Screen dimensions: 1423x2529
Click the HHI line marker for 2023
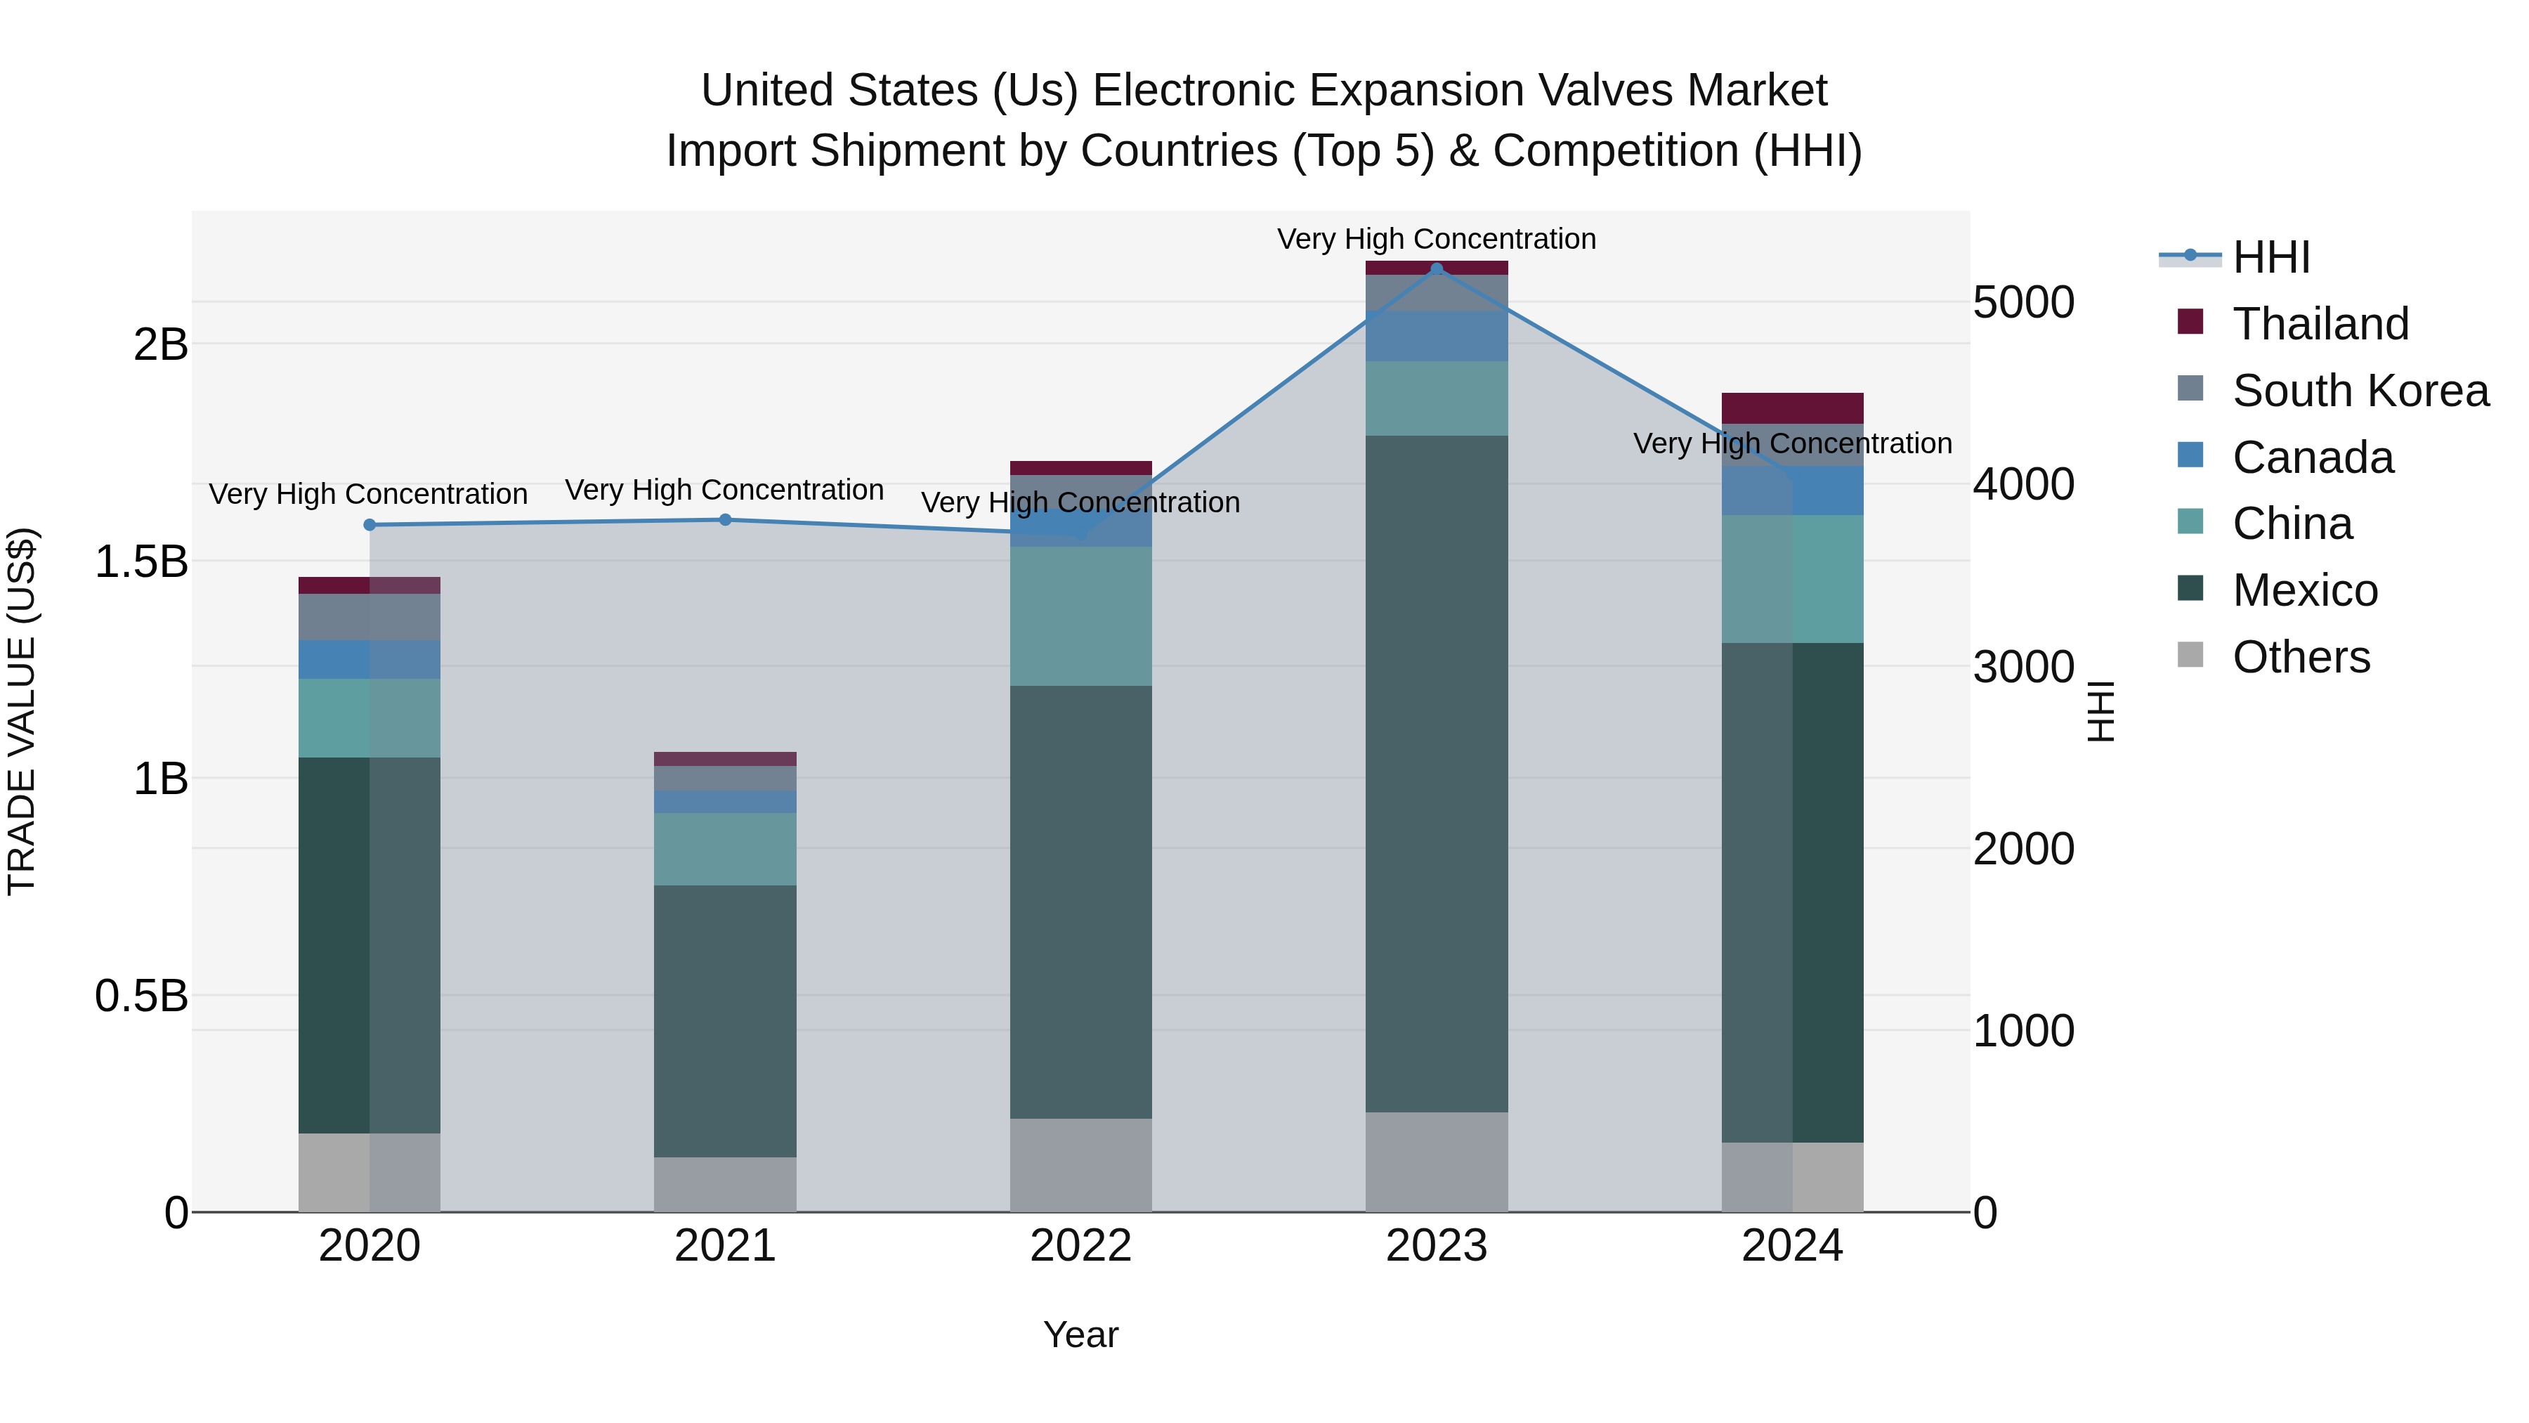click(1437, 269)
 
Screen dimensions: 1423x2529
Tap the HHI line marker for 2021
click(726, 519)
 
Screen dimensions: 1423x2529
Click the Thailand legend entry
click(2320, 324)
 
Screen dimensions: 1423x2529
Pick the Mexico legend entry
click(2304, 590)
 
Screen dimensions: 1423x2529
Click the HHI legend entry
click(2270, 257)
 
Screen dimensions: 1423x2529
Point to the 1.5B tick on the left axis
click(141, 561)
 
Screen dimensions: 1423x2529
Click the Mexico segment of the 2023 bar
click(1437, 774)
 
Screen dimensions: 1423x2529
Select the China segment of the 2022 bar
click(1081, 616)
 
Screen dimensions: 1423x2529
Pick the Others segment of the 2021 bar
click(726, 1184)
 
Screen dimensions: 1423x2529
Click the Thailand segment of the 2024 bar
click(1793, 408)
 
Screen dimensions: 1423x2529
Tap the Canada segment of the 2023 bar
click(1437, 336)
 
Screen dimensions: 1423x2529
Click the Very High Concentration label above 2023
click(1437, 240)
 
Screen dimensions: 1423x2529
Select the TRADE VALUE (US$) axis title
click(22, 711)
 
